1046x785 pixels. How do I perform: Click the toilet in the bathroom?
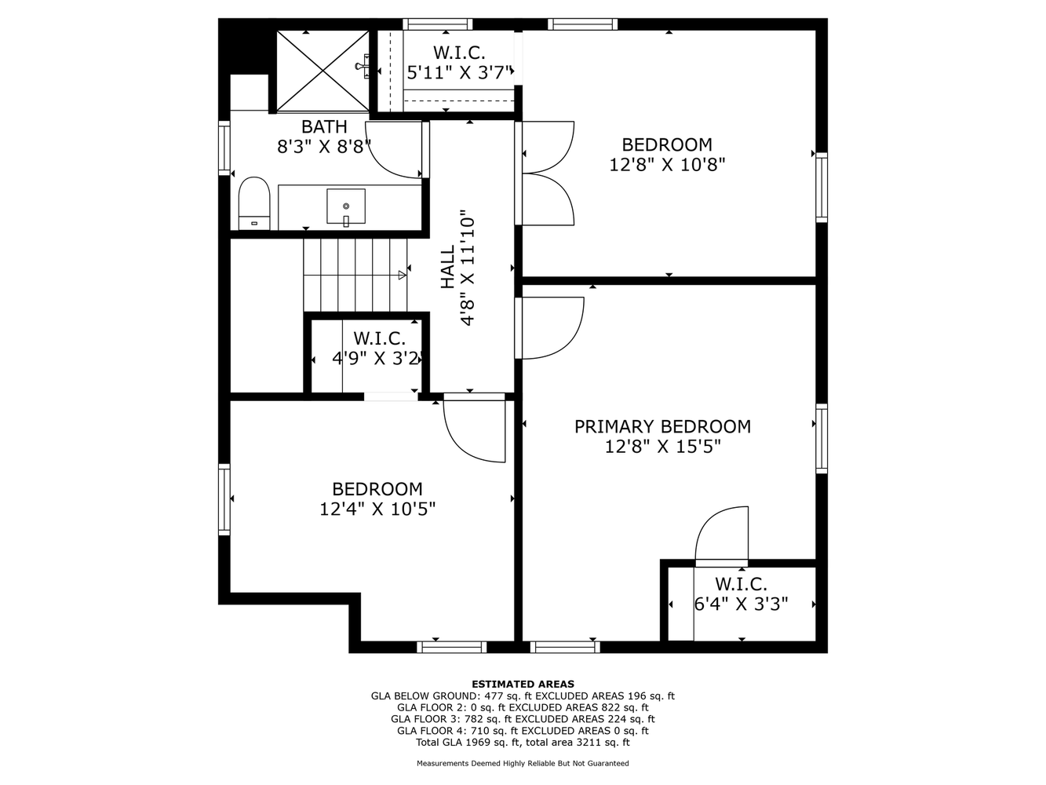(x=253, y=202)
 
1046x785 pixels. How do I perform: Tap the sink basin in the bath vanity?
(x=345, y=206)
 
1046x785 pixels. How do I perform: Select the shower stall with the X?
(x=323, y=71)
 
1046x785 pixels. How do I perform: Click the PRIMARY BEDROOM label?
(x=662, y=426)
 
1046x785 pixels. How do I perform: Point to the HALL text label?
(x=447, y=268)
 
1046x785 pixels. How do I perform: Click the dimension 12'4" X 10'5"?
(x=377, y=509)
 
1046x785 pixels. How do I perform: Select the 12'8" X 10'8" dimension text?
(x=667, y=165)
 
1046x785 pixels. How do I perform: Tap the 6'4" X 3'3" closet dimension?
(x=741, y=604)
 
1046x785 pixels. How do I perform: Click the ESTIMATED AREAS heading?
(x=523, y=684)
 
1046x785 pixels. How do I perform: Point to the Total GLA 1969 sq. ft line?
(x=523, y=742)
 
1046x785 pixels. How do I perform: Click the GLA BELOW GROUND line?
(x=523, y=696)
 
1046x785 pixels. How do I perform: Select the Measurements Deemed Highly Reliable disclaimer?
(x=523, y=763)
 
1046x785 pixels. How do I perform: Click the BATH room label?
(x=324, y=126)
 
